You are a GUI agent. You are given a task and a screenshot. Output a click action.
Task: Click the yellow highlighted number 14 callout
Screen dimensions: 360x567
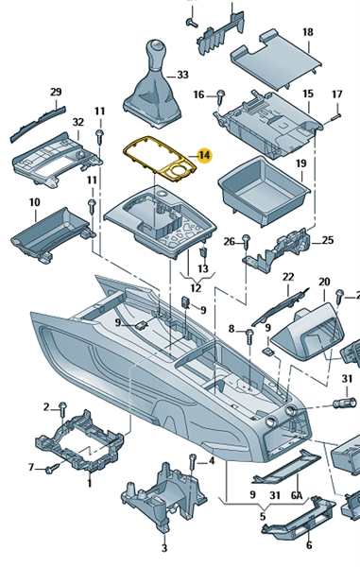coord(204,156)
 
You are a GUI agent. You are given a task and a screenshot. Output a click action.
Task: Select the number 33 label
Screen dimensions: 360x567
coord(183,75)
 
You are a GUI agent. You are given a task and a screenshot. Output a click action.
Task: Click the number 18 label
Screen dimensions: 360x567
coord(308,32)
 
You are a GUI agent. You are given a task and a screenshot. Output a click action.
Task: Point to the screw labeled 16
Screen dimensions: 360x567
coord(220,98)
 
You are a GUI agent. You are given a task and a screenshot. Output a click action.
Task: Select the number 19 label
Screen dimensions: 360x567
coord(301,163)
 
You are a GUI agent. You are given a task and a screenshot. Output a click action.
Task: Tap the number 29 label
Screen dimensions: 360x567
coord(56,92)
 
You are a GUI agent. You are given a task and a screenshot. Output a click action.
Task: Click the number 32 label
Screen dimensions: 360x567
coord(78,122)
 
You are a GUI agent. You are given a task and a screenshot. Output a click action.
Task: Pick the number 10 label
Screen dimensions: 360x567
coord(35,202)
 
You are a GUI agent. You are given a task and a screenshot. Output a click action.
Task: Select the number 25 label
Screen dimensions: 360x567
coord(328,240)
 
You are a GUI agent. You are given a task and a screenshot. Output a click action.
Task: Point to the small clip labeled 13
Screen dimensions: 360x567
coord(204,251)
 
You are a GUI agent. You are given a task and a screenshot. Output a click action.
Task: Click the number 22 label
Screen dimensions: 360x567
coord(288,277)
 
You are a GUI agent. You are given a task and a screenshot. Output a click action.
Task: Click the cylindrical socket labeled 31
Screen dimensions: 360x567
coord(342,403)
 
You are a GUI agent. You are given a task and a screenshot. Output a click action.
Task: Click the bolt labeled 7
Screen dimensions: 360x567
coord(51,469)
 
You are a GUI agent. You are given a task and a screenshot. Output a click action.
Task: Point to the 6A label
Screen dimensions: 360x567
coord(297,495)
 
